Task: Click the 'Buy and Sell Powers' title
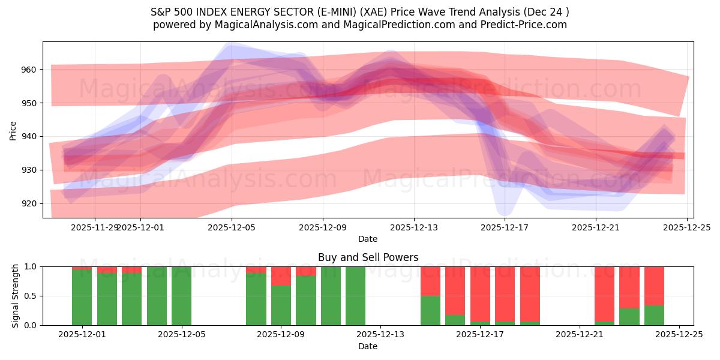pyautogui.click(x=368, y=257)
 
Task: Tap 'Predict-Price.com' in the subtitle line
pyautogui.click(x=521, y=25)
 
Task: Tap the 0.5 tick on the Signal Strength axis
pyautogui.click(x=30, y=296)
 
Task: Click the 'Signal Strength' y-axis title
pyautogui.click(x=15, y=296)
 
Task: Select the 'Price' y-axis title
pyautogui.click(x=13, y=130)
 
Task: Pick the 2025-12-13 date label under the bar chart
pyautogui.click(x=380, y=335)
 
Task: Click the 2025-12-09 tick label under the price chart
pyautogui.click(x=323, y=227)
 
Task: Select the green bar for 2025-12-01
pyautogui.click(x=82, y=297)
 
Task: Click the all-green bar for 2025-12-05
pyautogui.click(x=181, y=296)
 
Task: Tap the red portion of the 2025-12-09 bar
pyautogui.click(x=281, y=276)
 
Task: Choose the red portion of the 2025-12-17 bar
pyautogui.click(x=480, y=294)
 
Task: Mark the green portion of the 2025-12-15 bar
pyautogui.click(x=430, y=310)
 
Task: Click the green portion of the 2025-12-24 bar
pyautogui.click(x=654, y=315)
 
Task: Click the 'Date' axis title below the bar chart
pyautogui.click(x=368, y=346)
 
